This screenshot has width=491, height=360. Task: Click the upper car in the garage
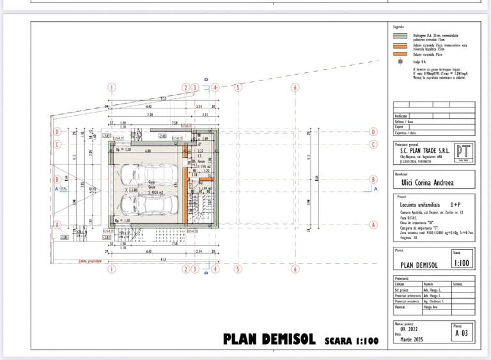point(139,174)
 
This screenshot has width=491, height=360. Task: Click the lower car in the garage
point(148,206)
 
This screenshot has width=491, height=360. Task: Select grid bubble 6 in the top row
point(295,88)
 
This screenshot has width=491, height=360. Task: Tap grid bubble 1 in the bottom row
point(111,270)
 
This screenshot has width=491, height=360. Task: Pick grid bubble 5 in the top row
point(237,88)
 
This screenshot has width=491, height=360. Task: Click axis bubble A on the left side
point(58,224)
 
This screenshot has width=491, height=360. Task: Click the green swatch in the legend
point(400,37)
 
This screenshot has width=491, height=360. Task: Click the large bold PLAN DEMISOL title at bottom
point(269,339)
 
